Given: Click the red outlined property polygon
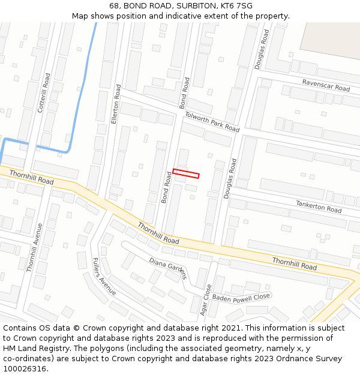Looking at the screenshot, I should click(x=186, y=173).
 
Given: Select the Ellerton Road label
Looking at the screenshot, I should click(x=116, y=104).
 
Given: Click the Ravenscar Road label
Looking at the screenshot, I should click(x=326, y=85).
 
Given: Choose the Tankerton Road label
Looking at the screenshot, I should click(x=319, y=207).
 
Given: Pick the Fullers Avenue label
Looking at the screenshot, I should click(x=104, y=276).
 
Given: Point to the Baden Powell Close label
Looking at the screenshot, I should click(x=242, y=296).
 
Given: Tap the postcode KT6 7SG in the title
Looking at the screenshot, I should click(x=236, y=6).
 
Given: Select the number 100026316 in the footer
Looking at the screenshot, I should click(x=25, y=368).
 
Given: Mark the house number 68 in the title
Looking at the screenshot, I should click(x=115, y=6).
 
